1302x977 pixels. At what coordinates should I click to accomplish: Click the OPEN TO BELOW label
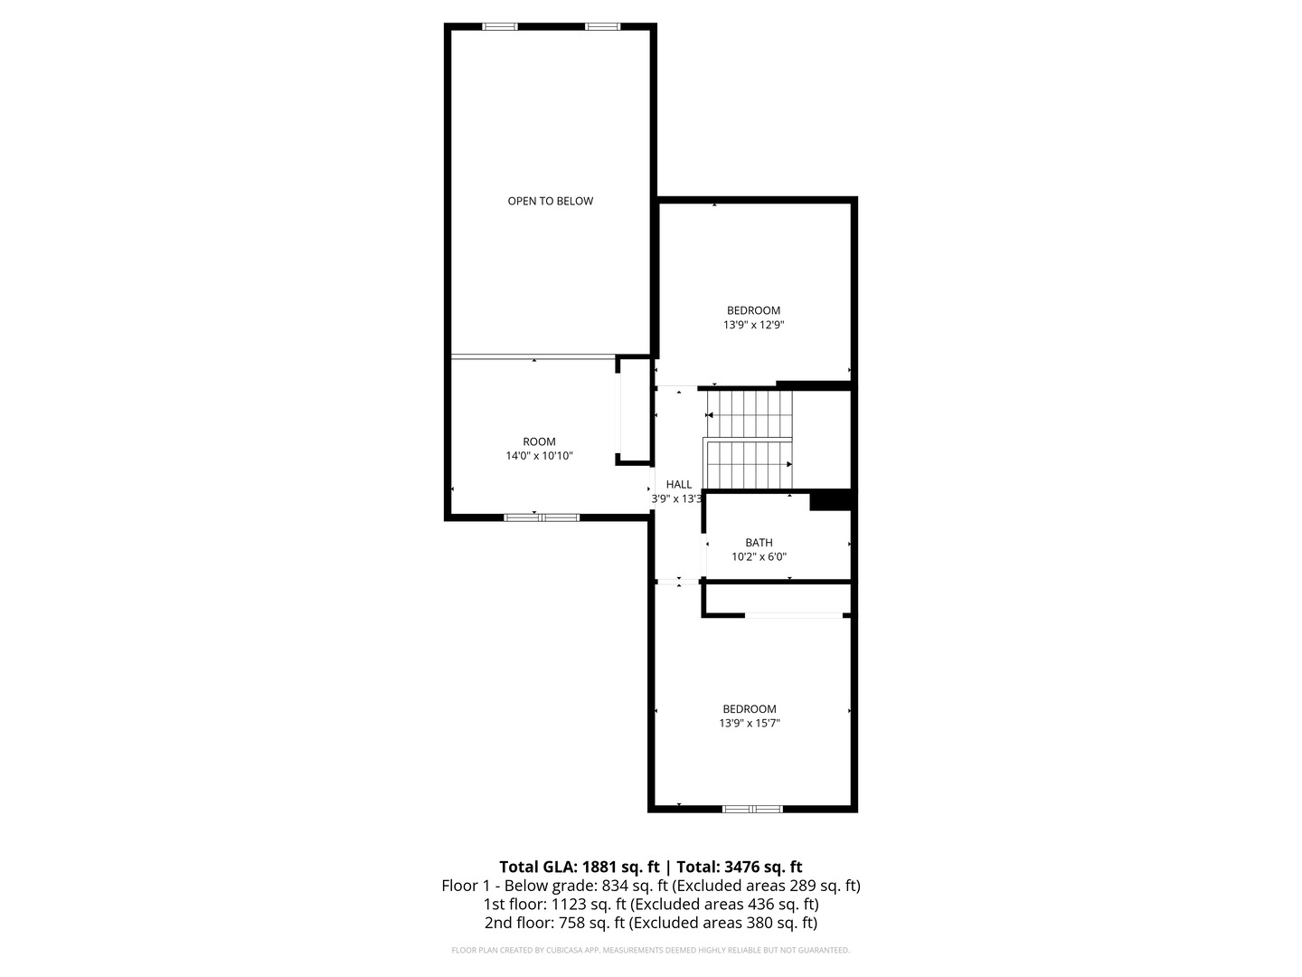tap(550, 201)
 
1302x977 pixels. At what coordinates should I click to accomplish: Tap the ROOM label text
tap(539, 442)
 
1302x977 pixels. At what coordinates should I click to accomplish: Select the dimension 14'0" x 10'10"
tap(539, 456)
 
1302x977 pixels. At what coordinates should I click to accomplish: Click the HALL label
tap(678, 485)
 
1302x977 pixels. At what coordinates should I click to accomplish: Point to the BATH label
tap(759, 543)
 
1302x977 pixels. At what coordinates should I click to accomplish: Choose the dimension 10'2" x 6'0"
tap(759, 557)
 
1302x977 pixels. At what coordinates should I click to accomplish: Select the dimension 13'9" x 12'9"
tap(753, 325)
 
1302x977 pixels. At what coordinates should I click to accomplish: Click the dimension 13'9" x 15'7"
tap(750, 723)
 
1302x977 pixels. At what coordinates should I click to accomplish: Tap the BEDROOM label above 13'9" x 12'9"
tap(753, 310)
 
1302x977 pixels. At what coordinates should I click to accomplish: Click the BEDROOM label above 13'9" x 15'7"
tap(750, 709)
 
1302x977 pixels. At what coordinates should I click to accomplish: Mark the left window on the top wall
tap(499, 27)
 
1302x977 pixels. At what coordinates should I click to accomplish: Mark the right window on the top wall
tap(602, 27)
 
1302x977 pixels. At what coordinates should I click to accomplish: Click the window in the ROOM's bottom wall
tap(542, 517)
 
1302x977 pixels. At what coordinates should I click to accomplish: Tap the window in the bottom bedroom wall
tap(752, 809)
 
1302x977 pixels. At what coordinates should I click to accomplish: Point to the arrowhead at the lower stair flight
tap(789, 464)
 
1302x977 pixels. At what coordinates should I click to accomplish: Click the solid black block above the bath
tap(831, 500)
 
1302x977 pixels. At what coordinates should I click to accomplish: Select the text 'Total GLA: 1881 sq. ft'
tap(579, 867)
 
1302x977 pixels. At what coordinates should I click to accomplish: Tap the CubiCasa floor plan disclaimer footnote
tap(651, 950)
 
